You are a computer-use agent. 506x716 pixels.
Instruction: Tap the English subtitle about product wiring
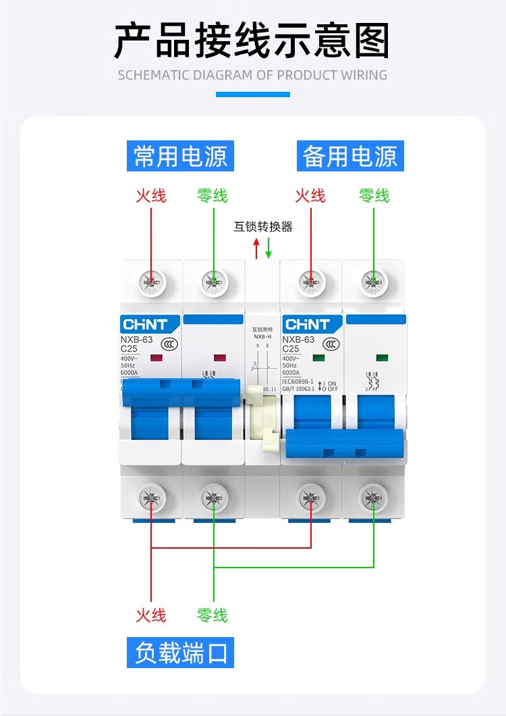(x=252, y=75)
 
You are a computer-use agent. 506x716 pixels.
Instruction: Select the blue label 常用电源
(x=180, y=156)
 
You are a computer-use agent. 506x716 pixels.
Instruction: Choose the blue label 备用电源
(x=350, y=156)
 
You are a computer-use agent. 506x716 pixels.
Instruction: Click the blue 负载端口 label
(x=180, y=653)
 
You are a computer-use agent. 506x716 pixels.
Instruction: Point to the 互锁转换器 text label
(x=263, y=227)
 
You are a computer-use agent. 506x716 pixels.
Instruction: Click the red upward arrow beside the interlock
(x=256, y=248)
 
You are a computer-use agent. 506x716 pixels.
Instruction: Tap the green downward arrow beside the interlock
(x=269, y=248)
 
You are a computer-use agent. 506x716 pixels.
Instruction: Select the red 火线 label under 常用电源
(x=150, y=196)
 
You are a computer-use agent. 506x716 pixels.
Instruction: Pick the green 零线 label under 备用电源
(x=374, y=196)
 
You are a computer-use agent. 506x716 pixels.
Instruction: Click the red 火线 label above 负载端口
(x=150, y=615)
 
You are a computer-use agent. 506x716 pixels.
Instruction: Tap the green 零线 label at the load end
(x=213, y=615)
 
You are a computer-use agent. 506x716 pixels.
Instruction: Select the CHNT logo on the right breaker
(x=307, y=325)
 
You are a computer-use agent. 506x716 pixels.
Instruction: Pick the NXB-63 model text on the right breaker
(x=298, y=339)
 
